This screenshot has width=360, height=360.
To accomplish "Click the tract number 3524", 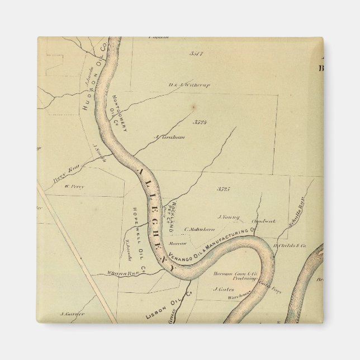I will click(201, 121).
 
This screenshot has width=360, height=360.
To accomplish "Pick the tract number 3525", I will click(224, 190).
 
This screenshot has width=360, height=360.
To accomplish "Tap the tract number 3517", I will click(196, 54).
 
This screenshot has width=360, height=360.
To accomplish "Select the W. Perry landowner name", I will click(74, 187).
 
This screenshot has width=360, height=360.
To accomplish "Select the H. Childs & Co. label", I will click(291, 245).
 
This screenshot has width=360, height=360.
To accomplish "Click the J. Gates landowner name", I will click(223, 289).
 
